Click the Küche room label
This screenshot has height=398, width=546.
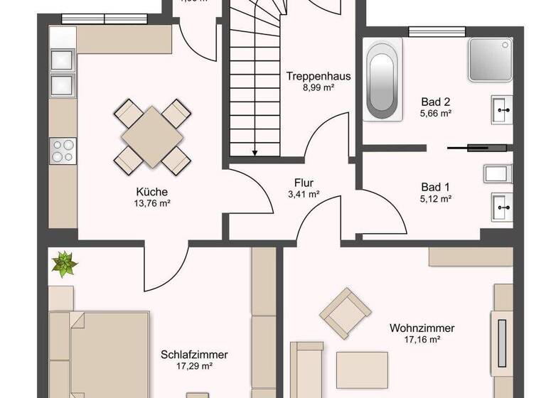click(153, 191)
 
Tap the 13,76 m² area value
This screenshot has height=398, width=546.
click(153, 203)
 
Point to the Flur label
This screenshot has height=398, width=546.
click(304, 182)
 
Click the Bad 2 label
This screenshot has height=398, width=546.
click(436, 102)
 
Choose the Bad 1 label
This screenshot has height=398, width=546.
click(436, 188)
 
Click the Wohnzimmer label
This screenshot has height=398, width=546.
click(422, 328)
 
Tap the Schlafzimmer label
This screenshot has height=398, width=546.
click(188, 355)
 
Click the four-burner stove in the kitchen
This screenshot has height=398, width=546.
click(63, 150)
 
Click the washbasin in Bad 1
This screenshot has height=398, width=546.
click(502, 208)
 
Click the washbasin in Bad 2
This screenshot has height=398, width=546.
click(502, 109)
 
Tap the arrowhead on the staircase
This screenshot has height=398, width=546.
click(254, 151)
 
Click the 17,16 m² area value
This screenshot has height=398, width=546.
click(422, 340)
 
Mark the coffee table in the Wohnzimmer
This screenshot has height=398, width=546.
click(362, 369)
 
